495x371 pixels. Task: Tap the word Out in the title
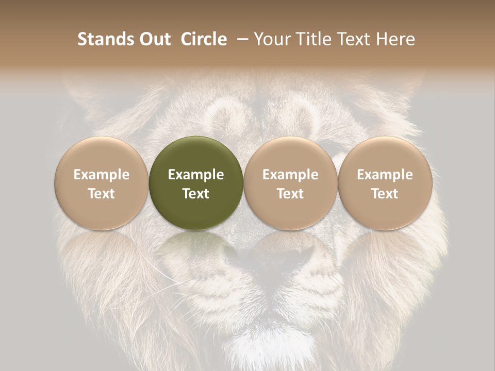(153, 39)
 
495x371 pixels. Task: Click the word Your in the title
(272, 39)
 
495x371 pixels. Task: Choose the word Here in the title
(395, 39)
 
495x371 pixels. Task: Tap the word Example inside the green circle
(196, 175)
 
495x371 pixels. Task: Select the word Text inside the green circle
(196, 194)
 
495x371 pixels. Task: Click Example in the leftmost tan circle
(102, 175)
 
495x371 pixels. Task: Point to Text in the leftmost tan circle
(102, 194)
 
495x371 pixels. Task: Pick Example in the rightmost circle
(385, 175)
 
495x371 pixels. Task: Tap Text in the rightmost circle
(385, 194)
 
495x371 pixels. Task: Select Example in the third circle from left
(290, 175)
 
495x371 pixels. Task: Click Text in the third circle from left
(290, 194)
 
